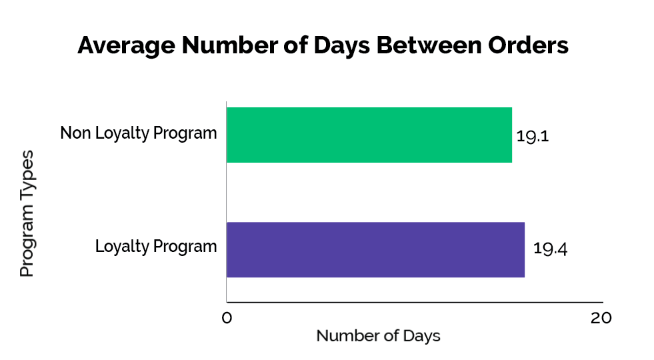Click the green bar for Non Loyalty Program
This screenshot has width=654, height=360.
click(369, 135)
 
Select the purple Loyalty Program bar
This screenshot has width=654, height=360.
click(375, 249)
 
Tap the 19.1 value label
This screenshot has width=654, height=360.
click(532, 136)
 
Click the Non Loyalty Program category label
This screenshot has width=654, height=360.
click(139, 133)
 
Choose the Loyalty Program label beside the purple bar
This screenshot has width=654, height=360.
click(156, 247)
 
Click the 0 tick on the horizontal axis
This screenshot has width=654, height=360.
click(227, 319)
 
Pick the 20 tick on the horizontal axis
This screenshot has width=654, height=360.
click(601, 319)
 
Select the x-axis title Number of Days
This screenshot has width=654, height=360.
click(378, 335)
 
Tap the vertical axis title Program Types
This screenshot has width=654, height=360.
click(27, 213)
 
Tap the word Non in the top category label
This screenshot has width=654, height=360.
click(74, 133)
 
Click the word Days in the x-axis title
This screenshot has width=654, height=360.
click(421, 335)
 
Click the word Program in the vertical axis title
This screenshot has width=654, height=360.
click(27, 240)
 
